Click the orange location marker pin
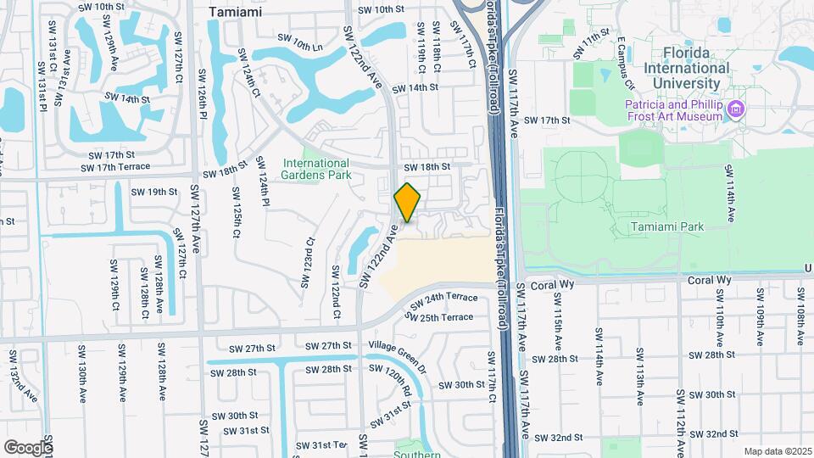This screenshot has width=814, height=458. [407, 202]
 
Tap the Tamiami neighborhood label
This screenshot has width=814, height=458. [235, 13]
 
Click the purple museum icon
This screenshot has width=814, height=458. [736, 109]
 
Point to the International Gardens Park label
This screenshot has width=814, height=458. [315, 169]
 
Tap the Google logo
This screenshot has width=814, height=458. [28, 447]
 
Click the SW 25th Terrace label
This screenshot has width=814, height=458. [438, 317]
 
